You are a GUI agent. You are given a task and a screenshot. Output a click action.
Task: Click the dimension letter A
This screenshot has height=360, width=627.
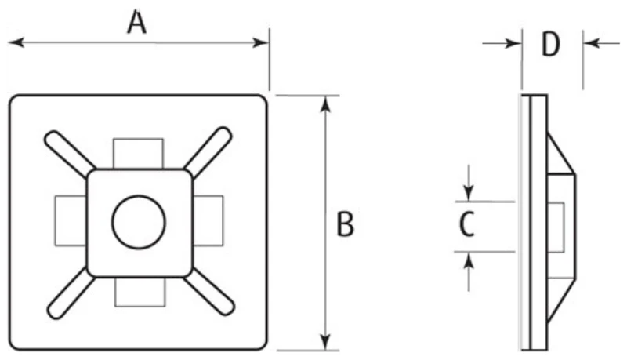[x=138, y=24]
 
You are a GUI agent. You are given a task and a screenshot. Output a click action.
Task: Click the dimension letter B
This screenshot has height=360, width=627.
[x=346, y=225]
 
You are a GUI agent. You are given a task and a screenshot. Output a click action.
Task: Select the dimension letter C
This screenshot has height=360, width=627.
[x=466, y=225]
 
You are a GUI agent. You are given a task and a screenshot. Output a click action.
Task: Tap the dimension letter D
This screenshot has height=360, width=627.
[x=551, y=45]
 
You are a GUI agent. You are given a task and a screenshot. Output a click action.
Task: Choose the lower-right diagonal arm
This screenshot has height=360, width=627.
[x=210, y=291]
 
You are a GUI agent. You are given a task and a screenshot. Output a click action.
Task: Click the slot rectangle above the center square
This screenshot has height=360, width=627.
[x=138, y=152]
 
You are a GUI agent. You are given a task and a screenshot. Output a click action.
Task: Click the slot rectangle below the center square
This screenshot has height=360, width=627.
[x=139, y=292]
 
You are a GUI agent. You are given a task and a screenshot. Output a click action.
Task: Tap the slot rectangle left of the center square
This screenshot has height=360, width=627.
[x=70, y=220]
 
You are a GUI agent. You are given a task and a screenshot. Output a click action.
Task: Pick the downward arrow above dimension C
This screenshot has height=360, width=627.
[x=469, y=191]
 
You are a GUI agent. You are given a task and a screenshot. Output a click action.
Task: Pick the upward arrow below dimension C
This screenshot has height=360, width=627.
[x=469, y=261]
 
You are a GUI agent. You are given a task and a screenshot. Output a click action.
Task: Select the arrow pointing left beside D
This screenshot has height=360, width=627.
[x=593, y=42]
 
